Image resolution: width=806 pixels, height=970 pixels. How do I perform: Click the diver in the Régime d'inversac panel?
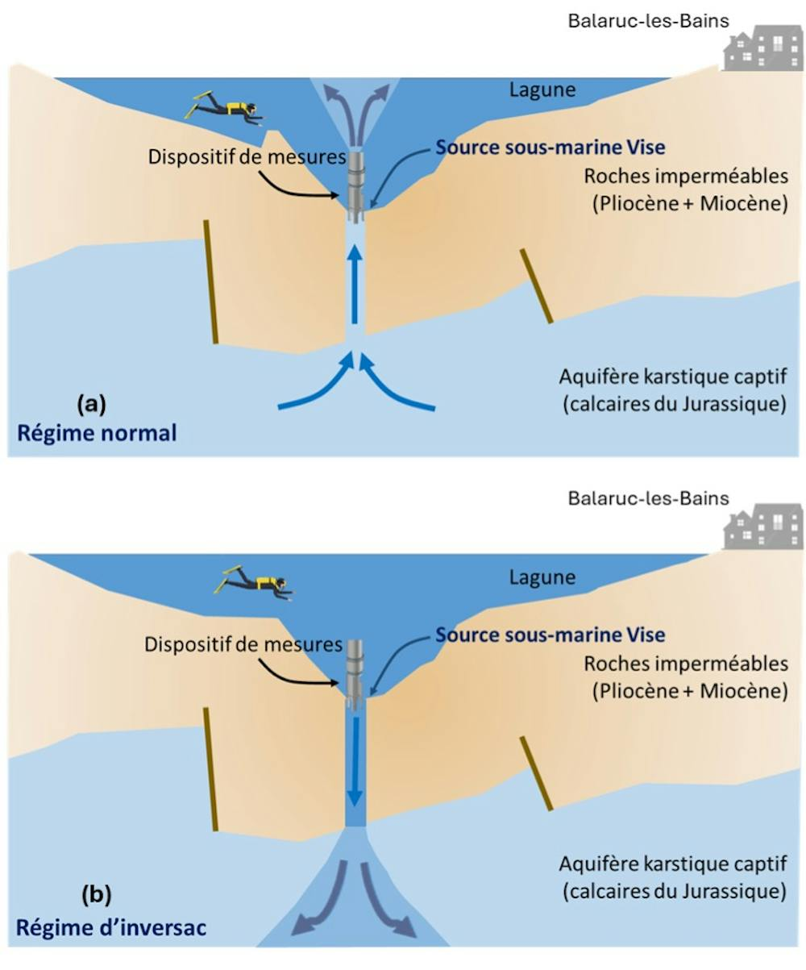(x=255, y=582)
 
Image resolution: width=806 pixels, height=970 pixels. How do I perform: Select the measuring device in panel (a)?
(x=356, y=187)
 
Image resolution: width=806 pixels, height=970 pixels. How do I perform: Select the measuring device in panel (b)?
(x=355, y=674)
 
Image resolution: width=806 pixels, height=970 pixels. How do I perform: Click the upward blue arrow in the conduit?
(x=355, y=285)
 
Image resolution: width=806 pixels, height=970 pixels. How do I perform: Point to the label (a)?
(x=91, y=404)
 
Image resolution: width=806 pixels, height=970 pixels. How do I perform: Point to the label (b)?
(x=97, y=894)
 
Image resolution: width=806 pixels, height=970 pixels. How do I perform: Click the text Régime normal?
(x=97, y=433)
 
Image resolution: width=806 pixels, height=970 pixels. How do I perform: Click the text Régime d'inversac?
(x=111, y=928)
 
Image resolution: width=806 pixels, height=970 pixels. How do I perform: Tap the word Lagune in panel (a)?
(x=542, y=90)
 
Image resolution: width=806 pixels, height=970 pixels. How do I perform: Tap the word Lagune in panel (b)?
(x=542, y=577)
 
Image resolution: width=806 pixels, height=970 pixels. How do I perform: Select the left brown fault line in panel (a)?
(x=211, y=282)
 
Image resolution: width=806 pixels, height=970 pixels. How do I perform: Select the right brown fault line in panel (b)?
(x=536, y=773)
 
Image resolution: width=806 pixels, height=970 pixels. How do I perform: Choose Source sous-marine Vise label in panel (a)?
(x=550, y=148)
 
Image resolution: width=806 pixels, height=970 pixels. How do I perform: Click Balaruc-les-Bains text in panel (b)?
(x=648, y=498)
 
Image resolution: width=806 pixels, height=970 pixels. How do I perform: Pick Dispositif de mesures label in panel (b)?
(x=243, y=644)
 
